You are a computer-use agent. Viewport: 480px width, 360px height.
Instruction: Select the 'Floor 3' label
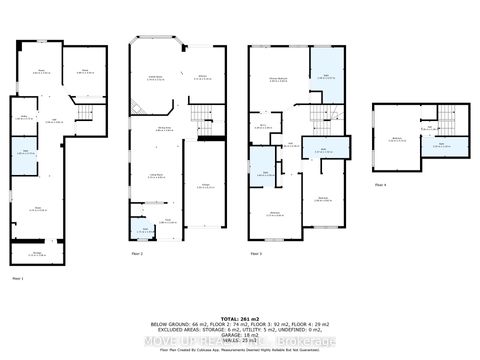click(256, 256)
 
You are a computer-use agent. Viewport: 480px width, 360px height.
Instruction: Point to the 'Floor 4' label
click(380, 184)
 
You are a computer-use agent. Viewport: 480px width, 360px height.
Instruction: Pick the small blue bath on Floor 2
click(146, 229)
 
